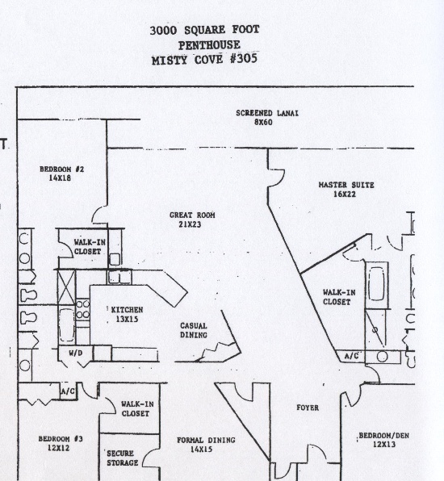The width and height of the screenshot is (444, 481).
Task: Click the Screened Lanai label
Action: (x=267, y=118)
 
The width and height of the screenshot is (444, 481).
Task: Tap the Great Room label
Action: (x=192, y=220)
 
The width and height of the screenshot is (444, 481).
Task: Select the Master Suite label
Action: (x=346, y=190)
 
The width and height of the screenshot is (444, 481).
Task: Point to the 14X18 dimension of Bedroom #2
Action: (x=60, y=178)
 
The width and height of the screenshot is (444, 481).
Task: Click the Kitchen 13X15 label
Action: (x=127, y=314)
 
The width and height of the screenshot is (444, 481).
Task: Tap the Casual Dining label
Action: (x=193, y=330)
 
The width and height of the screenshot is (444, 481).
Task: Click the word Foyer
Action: (x=308, y=408)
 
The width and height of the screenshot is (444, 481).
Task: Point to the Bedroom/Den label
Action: (x=383, y=440)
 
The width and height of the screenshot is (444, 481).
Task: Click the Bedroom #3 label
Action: (x=61, y=443)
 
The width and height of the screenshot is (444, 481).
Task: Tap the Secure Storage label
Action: (x=122, y=458)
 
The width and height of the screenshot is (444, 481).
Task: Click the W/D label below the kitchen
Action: (x=76, y=353)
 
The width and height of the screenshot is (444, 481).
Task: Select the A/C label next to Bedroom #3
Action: (x=68, y=391)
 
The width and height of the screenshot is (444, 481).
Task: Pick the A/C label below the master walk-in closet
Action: (x=351, y=356)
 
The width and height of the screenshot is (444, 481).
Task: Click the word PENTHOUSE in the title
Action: (x=209, y=45)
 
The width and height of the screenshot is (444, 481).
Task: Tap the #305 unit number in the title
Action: (x=244, y=58)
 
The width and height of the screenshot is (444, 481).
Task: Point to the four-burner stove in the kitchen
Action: (x=82, y=309)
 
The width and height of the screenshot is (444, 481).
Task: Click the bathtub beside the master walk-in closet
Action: (x=376, y=284)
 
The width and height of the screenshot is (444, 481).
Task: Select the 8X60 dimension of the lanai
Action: (x=263, y=123)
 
